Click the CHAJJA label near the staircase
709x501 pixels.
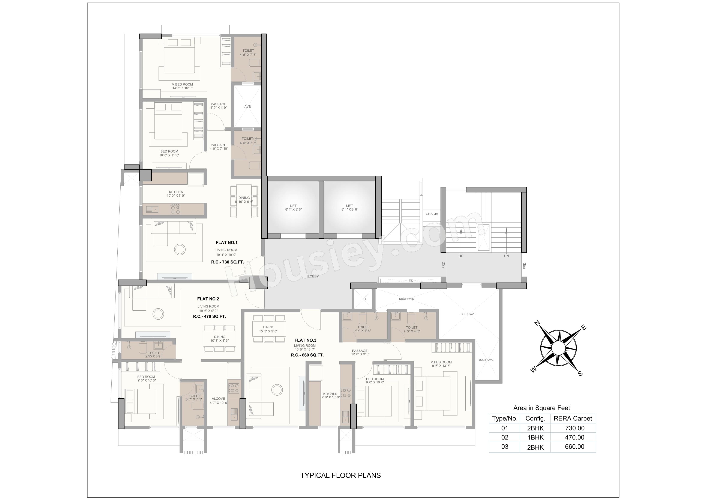point(432,214)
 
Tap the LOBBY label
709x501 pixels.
point(313,276)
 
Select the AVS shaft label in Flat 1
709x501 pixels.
point(248,106)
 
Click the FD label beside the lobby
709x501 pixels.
point(363,299)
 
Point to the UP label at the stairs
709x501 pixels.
point(461,256)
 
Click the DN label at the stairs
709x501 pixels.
point(507,256)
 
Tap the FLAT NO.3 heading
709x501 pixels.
point(305,340)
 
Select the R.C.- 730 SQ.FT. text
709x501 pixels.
point(227,262)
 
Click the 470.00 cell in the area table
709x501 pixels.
point(575,437)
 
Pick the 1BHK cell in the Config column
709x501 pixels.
point(535,437)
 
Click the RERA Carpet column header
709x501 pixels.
point(573,419)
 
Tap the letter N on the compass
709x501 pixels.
point(537,323)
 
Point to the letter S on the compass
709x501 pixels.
point(580,374)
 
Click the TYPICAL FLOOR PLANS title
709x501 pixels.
point(341,475)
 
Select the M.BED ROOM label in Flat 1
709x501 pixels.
point(182,84)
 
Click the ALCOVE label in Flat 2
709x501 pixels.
point(218,399)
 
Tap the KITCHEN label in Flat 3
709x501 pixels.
point(330,394)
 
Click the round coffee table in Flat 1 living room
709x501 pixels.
point(180,249)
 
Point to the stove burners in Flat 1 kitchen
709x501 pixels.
point(175,210)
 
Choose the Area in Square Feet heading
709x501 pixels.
point(542,408)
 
